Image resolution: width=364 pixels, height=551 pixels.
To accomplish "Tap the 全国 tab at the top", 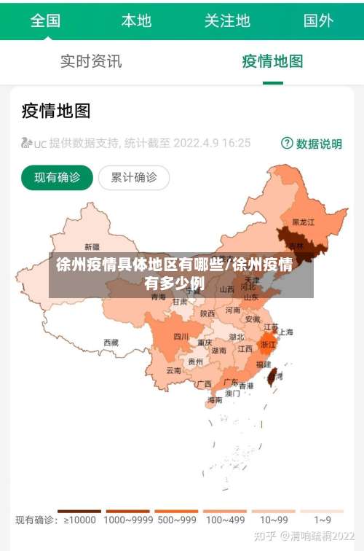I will coord(45,20).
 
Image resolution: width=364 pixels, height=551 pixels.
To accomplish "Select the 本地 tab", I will coord(136,20).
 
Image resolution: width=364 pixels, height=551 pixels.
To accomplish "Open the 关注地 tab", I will coord(227,20).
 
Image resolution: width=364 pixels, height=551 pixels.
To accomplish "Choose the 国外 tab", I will coord(318,20).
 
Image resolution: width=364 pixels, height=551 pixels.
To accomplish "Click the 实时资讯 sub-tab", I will coord(91,61).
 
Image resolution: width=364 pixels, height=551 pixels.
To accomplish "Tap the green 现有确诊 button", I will coord(58,177).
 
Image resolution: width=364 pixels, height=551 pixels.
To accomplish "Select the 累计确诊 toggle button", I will coord(133,177).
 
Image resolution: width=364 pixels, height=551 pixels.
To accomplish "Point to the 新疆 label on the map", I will coord(92,246).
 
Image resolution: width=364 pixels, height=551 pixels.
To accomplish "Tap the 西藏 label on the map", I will coord(111,342).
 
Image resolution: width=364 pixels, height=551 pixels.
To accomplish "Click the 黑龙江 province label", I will coord(303,222).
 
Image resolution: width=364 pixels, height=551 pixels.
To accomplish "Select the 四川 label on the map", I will coord(181,337).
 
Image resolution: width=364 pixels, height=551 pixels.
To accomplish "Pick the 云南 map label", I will coord(173,370).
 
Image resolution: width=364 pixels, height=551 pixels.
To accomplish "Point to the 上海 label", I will coord(286,332).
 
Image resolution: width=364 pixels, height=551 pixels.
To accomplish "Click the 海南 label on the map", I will coord(215,399).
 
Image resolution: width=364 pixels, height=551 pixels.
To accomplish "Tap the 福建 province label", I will coord(263,364).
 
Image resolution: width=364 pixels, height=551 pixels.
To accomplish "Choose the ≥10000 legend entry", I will coord(80,520).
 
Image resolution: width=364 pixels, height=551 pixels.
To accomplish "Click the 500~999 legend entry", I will coord(176,520).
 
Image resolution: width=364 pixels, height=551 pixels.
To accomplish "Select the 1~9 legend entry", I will coord(323,520).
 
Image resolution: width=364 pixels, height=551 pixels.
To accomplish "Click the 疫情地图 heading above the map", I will coord(56,111).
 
